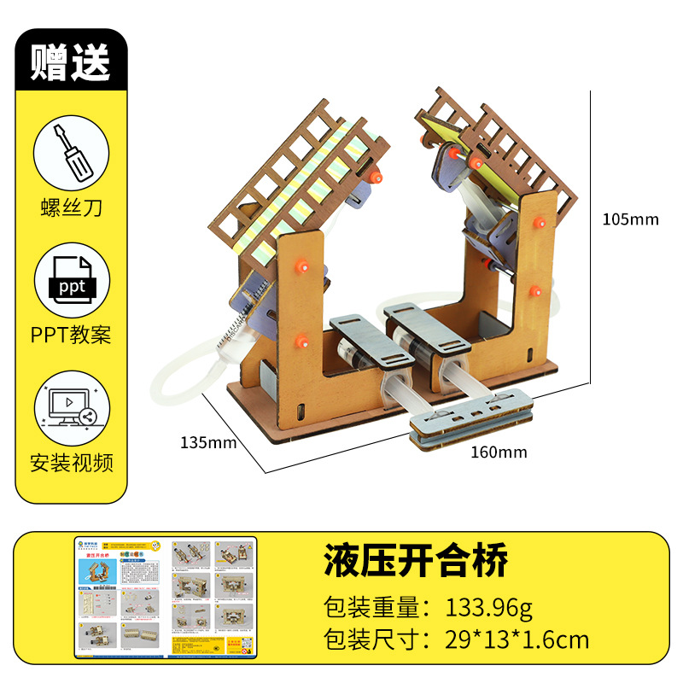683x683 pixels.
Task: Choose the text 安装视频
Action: (71, 463)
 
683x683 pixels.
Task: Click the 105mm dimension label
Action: (630, 219)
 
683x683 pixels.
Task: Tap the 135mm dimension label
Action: (207, 443)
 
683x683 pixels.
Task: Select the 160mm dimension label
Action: (499, 452)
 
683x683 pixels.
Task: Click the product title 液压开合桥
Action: (416, 562)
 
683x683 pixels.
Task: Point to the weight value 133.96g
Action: (489, 608)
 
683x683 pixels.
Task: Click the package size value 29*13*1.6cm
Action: (517, 639)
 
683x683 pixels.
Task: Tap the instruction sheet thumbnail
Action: (165, 597)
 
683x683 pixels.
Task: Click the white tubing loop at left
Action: (184, 376)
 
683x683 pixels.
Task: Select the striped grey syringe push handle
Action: (471, 419)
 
